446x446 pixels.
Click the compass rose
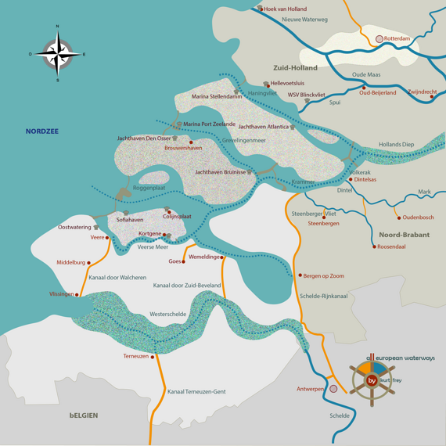coord(57,53)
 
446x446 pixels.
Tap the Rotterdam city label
coord(397,38)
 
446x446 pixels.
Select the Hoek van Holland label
coord(286,9)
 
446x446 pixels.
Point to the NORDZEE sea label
coord(42,131)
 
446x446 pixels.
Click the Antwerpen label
coord(311,389)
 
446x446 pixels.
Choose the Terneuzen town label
coord(135,356)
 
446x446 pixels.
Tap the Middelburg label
coord(70,263)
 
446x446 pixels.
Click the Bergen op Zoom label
coord(324,275)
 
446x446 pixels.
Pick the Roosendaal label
coord(391,246)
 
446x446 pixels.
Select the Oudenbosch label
coord(418,218)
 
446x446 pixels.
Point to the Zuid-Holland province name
coord(295,68)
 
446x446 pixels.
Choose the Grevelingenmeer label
coord(244,141)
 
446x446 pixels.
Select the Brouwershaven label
coord(183,147)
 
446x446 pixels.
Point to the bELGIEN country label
coord(83,415)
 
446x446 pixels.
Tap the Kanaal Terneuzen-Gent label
coord(196,390)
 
